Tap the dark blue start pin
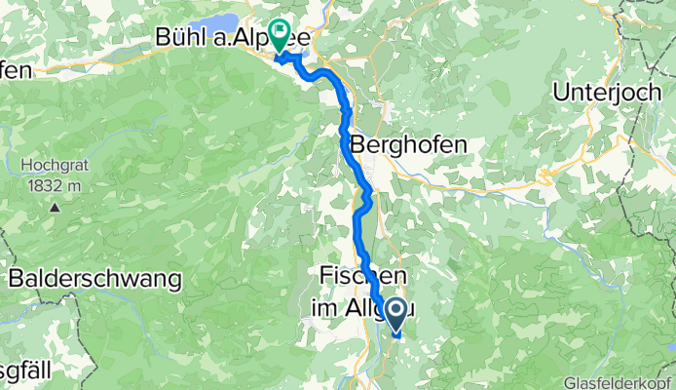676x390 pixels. click(x=397, y=314)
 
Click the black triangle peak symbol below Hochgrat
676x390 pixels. click(x=56, y=207)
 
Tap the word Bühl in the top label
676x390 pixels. click(x=183, y=37)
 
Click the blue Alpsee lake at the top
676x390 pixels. click(x=219, y=22)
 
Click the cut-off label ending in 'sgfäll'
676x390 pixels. click(x=29, y=370)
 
